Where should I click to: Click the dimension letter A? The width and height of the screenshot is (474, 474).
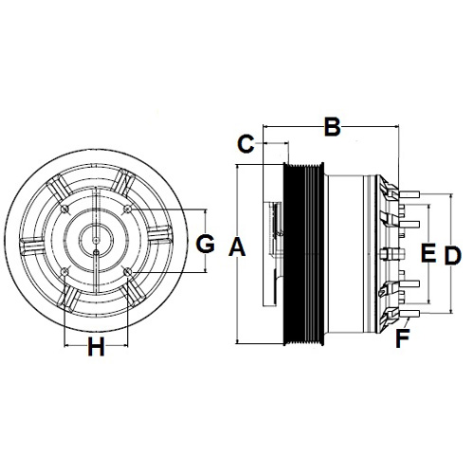[x=237, y=247]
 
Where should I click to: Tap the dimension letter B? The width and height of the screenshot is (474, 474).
[x=333, y=127]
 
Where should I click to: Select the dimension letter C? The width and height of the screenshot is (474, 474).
[x=246, y=144]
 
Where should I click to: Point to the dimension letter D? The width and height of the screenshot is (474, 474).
[x=453, y=256]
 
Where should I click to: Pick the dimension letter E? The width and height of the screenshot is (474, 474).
[x=428, y=253]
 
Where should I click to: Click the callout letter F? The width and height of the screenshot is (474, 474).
[x=403, y=338]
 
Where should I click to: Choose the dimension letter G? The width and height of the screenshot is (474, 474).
[x=206, y=245]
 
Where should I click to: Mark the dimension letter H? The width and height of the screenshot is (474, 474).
[x=96, y=347]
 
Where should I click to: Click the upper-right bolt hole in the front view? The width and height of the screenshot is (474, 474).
[x=128, y=209]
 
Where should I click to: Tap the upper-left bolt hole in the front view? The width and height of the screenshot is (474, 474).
[x=65, y=209]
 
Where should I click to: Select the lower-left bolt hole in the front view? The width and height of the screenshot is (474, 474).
[x=65, y=272]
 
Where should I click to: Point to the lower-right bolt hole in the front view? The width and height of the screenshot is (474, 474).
[x=128, y=272]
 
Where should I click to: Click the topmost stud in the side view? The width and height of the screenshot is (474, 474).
[x=410, y=194]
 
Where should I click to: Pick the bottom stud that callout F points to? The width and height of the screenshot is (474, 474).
[x=410, y=313]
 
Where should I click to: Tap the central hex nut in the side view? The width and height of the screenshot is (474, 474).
[x=392, y=254]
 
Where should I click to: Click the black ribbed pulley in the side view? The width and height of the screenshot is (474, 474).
[x=303, y=254]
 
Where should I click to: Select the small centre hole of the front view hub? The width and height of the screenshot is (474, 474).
[x=96, y=241]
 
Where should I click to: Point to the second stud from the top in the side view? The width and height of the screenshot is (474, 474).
[x=410, y=224]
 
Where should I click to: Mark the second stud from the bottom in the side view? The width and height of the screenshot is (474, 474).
[x=410, y=283]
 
